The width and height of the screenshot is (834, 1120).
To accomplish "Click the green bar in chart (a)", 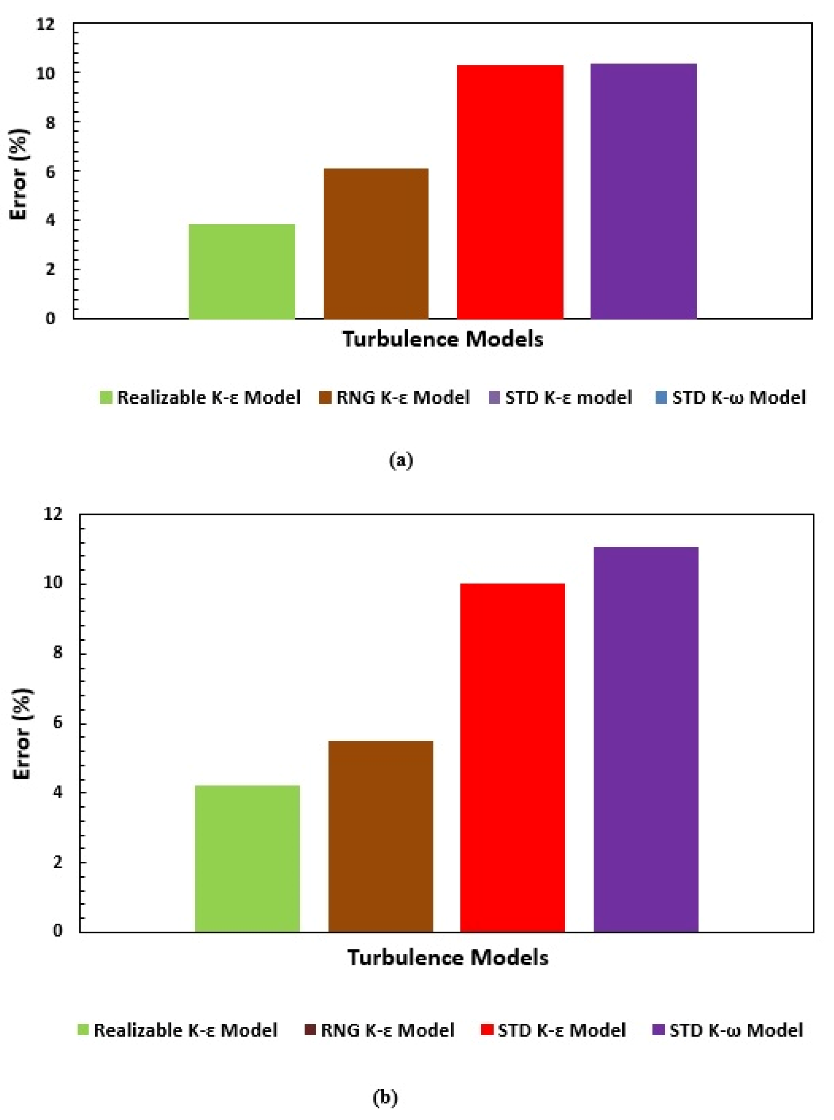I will tap(242, 272).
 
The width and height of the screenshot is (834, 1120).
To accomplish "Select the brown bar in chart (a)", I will tap(376, 244).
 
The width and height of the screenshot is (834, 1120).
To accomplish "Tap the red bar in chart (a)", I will tap(510, 192).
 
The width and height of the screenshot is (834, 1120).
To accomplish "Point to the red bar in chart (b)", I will tap(513, 757).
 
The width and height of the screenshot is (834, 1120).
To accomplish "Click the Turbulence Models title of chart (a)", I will tap(443, 339).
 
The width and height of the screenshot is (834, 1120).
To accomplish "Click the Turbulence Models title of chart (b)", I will tap(448, 958).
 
